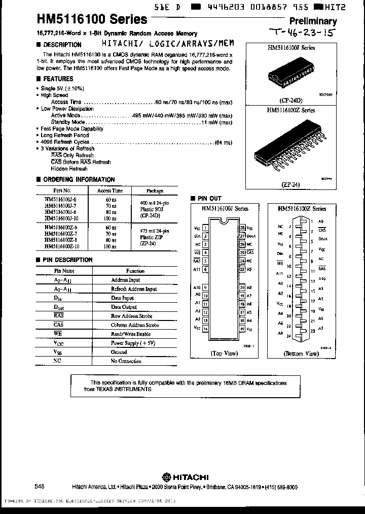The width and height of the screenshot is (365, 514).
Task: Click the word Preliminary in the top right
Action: click(313, 21)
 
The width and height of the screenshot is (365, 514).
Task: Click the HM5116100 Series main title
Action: click(92, 20)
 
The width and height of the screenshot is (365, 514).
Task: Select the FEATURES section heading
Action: click(57, 79)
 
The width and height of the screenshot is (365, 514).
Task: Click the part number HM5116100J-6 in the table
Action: click(61, 200)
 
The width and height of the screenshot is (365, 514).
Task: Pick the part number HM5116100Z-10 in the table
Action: click(62, 246)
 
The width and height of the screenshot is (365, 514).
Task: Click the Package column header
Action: click(155, 191)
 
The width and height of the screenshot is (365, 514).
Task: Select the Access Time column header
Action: click(109, 191)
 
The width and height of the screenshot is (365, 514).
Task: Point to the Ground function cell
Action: click(119, 352)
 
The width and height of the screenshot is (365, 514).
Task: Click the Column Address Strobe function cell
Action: click(135, 325)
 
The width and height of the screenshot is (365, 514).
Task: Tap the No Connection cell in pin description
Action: click(126, 361)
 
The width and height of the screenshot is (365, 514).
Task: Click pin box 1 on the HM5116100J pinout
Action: click(205, 228)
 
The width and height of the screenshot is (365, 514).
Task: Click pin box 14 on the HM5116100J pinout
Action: click(205, 328)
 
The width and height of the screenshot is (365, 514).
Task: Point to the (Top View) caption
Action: click(224, 353)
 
